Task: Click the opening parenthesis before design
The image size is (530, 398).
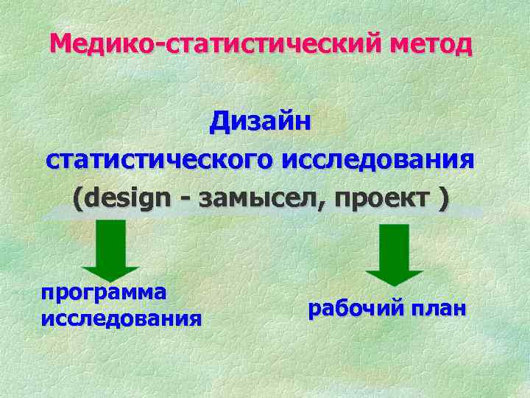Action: (x=79, y=200)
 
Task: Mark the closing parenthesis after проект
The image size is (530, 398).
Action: (x=442, y=200)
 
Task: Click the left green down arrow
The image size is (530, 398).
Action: (x=110, y=251)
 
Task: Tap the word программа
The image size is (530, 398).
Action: (x=104, y=292)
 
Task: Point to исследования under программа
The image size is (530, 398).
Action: (x=122, y=318)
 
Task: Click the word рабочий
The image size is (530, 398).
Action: (x=352, y=307)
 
